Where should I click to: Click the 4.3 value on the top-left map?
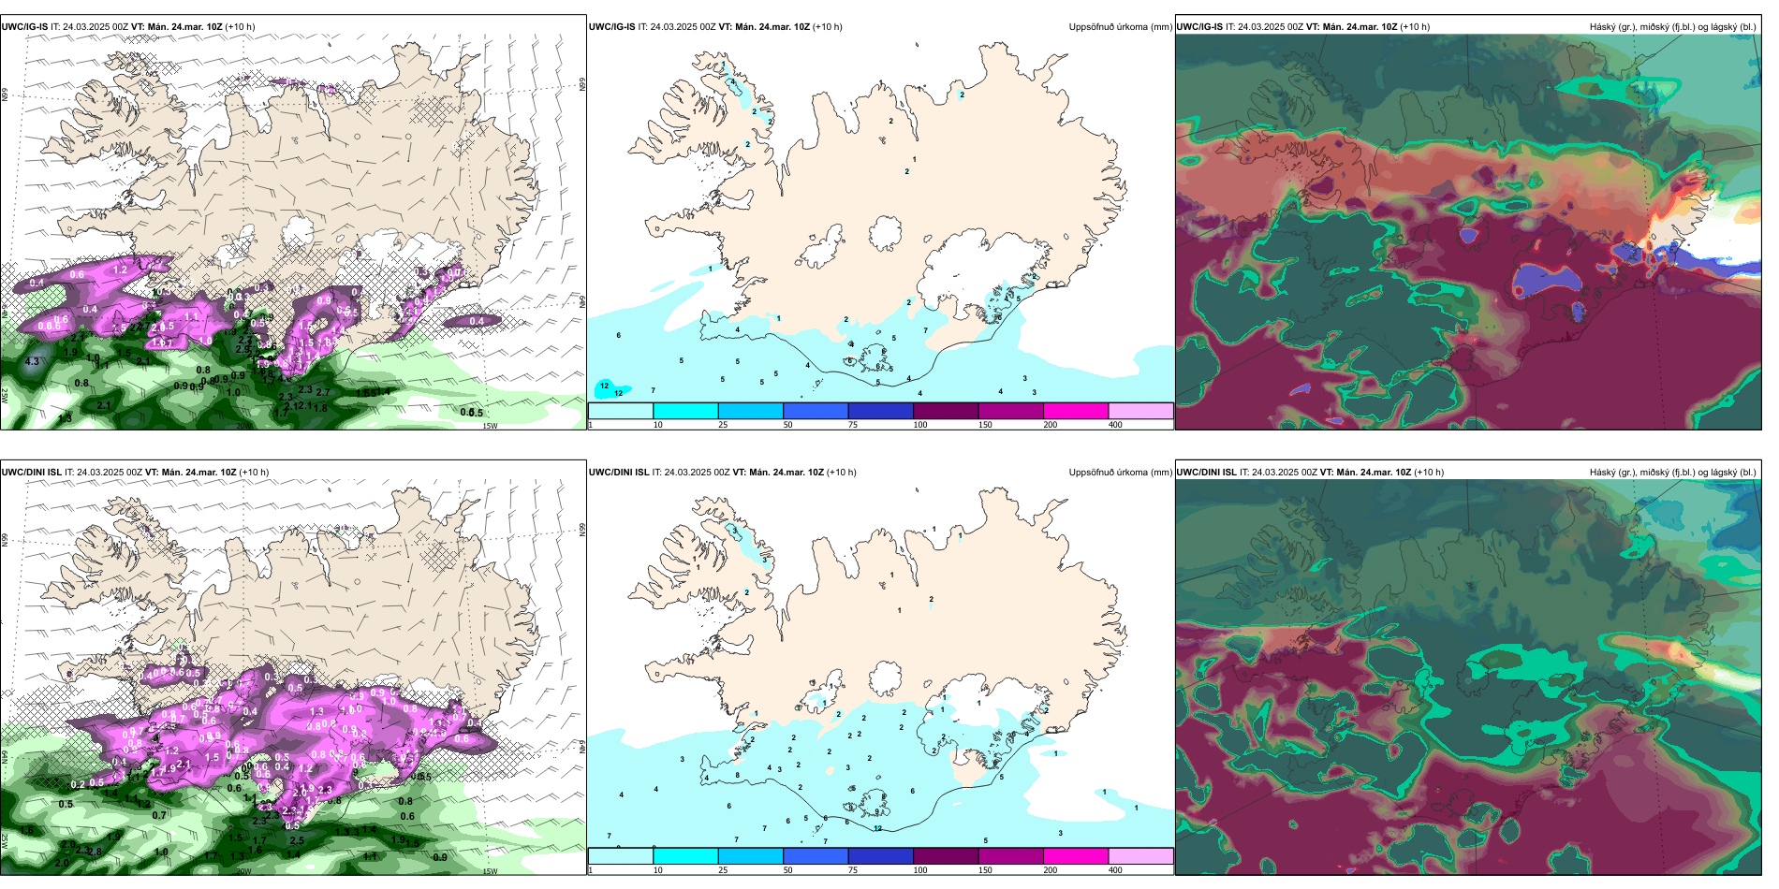point(32,361)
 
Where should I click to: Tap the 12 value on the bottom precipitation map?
point(877,828)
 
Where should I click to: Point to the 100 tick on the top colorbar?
point(919,425)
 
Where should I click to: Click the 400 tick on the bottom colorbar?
point(1115,870)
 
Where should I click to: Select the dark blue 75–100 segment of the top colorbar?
point(880,411)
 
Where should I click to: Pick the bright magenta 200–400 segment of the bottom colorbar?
point(1076,856)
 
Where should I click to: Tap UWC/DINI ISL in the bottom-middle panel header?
point(619,473)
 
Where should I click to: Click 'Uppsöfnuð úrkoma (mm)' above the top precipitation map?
point(1120,27)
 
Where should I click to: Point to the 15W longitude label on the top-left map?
point(489,426)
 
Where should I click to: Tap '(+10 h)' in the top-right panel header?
point(1415,27)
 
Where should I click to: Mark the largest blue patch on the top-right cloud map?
point(1542,279)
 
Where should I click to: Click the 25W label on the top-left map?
point(5,396)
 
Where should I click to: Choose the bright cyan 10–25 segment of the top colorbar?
point(685,411)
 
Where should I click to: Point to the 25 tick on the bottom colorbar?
point(722,870)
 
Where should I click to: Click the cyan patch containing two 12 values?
point(610,388)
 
